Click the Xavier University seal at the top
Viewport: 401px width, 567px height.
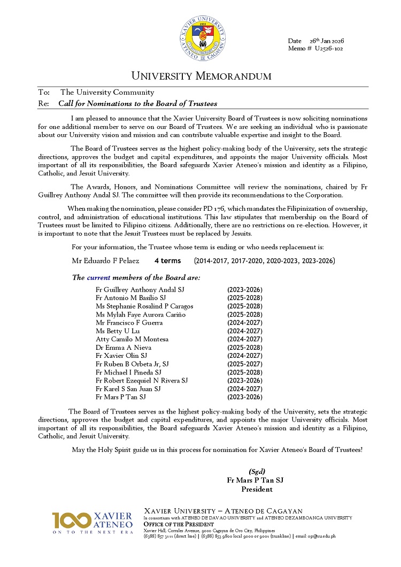203,38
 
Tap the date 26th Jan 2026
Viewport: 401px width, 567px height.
326,41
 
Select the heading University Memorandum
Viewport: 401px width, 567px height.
201,76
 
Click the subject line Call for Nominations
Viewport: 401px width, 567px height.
137,103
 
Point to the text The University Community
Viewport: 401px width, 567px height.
107,93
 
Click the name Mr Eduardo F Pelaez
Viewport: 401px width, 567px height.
105,261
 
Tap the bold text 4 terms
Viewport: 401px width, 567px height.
168,261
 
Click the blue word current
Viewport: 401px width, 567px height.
98,278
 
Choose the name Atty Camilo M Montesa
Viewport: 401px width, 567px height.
132,339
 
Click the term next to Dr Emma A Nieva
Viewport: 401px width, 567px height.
244,347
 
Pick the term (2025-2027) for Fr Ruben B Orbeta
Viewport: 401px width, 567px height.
244,364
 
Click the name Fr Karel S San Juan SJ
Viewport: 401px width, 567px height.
128,389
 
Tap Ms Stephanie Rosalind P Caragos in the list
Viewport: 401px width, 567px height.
144,306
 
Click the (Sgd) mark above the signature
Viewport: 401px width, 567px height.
257,471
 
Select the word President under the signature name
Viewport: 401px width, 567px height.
257,489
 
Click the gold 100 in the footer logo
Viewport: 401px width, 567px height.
71,520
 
